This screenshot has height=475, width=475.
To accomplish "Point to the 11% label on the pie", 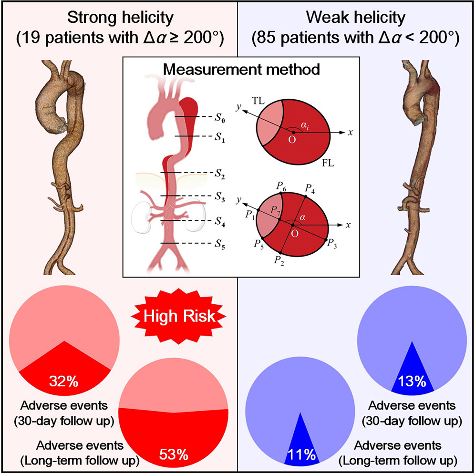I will [301, 454].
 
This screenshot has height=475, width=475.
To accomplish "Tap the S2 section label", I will [220, 174].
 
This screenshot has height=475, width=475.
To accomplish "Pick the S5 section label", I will [220, 246].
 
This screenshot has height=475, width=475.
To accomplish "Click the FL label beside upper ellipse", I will [328, 164].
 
